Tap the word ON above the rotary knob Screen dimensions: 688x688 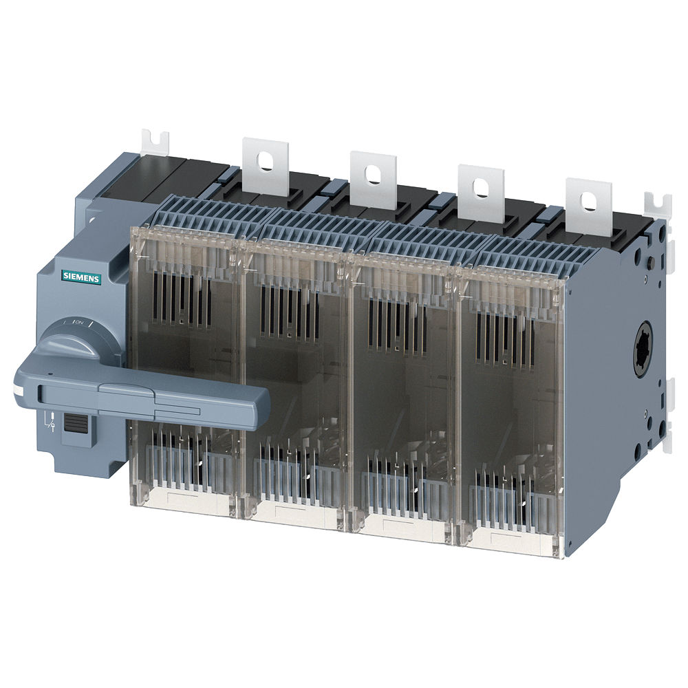coord(79,323)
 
